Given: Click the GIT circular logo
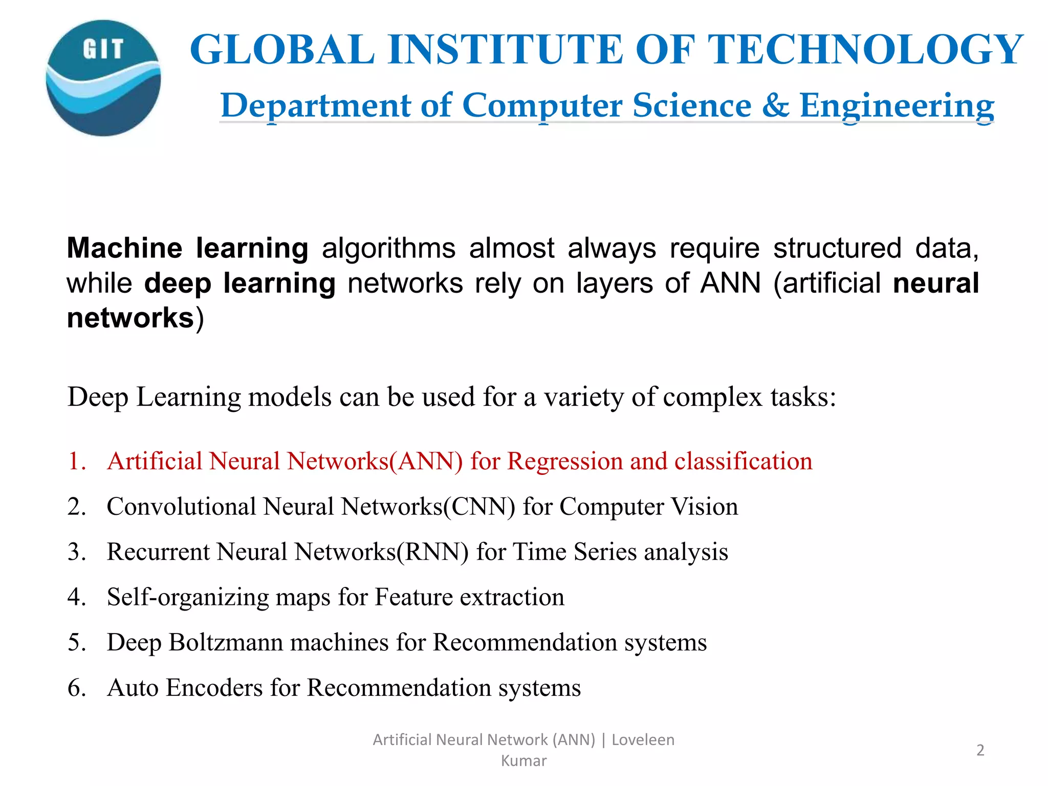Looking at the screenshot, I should [103, 78].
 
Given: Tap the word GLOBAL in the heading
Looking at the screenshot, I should [282, 50].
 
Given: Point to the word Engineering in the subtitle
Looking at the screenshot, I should [897, 106].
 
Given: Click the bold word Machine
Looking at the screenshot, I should [124, 248].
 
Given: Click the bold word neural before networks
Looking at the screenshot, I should [936, 283].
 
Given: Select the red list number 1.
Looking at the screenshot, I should [77, 461].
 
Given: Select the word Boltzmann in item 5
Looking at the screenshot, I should [226, 642].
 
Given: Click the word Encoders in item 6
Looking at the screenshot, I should [214, 688].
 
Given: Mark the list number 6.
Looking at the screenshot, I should [77, 688].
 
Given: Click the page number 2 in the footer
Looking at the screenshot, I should [980, 750].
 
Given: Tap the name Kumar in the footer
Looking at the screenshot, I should [523, 761].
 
